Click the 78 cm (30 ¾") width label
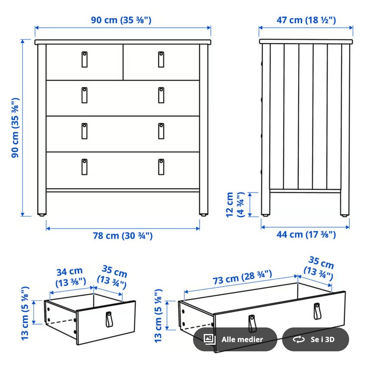[x=123, y=236]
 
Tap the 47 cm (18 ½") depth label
[x=306, y=20]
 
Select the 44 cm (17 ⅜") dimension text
[x=306, y=234]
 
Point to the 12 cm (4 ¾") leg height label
[x=235, y=205]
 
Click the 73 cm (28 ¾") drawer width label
[x=242, y=277]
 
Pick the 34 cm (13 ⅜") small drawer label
[x=70, y=277]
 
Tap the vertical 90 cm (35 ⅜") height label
[x=15, y=128]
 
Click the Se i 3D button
[x=315, y=339]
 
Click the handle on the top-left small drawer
[x=84, y=60]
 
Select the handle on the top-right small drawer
[x=161, y=60]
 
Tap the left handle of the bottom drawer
[x=84, y=167]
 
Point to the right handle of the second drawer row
[x=161, y=95]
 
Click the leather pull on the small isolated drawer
[x=109, y=319]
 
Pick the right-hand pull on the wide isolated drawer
[x=317, y=311]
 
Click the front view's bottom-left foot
[x=42, y=215]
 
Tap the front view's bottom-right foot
[x=203, y=215]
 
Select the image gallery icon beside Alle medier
[x=209, y=339]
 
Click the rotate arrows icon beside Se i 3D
[x=299, y=339]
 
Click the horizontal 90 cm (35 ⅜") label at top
[x=121, y=20]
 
